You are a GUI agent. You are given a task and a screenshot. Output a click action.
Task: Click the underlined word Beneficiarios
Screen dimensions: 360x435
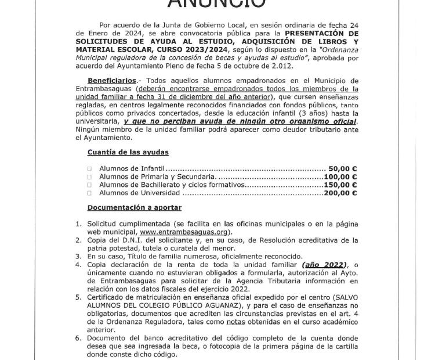[112, 80]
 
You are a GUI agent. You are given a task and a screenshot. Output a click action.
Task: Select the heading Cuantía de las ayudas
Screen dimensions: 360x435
[128, 152]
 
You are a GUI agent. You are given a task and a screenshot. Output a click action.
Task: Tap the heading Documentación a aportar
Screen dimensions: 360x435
[134, 207]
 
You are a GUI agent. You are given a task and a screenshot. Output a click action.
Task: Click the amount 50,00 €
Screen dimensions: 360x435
[342, 169]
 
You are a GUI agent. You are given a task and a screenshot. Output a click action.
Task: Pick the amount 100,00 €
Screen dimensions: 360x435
[340, 177]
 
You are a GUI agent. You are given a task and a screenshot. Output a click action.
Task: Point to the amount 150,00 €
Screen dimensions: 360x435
[340, 185]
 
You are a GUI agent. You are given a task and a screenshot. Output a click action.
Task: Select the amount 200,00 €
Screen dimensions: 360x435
[340, 193]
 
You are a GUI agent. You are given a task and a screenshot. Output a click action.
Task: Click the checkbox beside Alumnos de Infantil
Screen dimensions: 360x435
[90, 169]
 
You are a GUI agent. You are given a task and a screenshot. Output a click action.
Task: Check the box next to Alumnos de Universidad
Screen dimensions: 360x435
[90, 193]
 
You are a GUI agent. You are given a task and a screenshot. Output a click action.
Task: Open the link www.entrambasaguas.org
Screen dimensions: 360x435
[182, 232]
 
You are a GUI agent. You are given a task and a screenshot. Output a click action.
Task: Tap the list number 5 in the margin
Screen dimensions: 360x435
[78, 297]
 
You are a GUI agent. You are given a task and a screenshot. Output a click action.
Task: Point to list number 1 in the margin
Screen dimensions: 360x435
[78, 224]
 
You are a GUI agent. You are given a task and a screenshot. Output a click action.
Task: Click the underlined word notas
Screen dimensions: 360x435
[235, 322]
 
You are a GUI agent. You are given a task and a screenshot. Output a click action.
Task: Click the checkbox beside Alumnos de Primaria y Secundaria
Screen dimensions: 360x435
[90, 177]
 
